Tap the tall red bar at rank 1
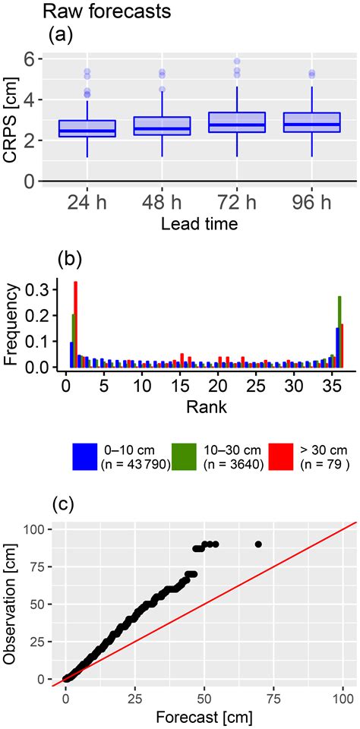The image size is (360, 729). tap(75, 324)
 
